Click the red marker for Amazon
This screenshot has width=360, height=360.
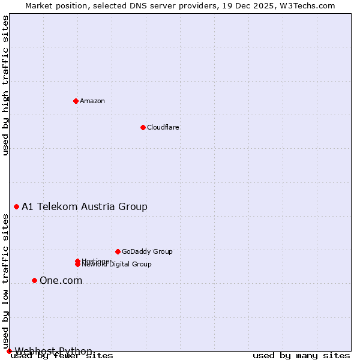pyautogui.click(x=76, y=101)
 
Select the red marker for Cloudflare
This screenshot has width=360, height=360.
pyautogui.click(x=143, y=127)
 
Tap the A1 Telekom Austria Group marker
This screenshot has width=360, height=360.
pyautogui.click(x=16, y=206)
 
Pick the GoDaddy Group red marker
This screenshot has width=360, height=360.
pyautogui.click(x=118, y=251)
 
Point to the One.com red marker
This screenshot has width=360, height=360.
pyautogui.click(x=34, y=280)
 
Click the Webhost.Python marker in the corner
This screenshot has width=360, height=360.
pyautogui.click(x=9, y=351)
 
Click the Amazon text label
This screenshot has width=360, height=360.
pyautogui.click(x=92, y=101)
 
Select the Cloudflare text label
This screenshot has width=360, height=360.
pyautogui.click(x=163, y=127)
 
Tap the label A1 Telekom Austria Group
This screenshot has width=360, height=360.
pyautogui.click(x=85, y=206)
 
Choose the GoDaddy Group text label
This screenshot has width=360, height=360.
pyautogui.click(x=147, y=251)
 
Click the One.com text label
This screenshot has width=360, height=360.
pyautogui.click(x=61, y=280)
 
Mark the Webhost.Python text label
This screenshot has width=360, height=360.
pyautogui.click(x=53, y=351)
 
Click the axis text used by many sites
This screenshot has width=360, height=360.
pyautogui.click(x=301, y=356)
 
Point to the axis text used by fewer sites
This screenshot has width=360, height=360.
pyautogui.click(x=62, y=356)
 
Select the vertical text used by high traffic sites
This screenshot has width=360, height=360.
pyautogui.click(x=5, y=85)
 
